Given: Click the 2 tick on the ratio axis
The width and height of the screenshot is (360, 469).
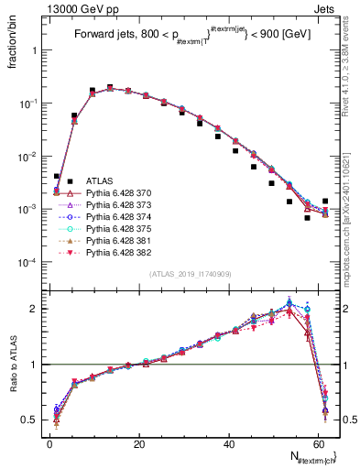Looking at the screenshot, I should pos(34,309).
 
